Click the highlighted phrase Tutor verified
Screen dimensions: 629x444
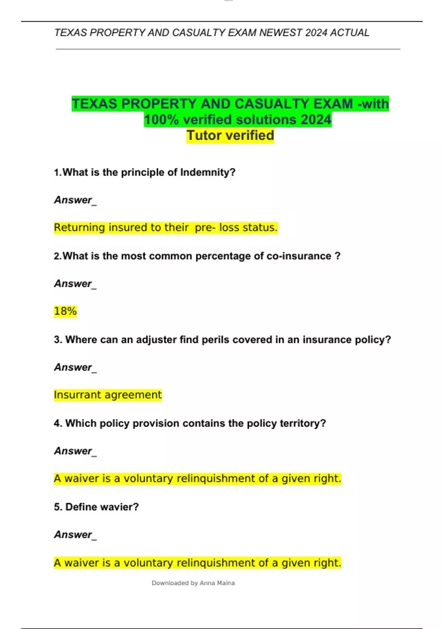tap(230, 135)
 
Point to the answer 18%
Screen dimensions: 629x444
tap(65, 311)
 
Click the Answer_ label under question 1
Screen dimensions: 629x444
tap(75, 200)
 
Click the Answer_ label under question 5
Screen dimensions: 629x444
tap(75, 535)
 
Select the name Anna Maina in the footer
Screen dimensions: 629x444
tap(217, 583)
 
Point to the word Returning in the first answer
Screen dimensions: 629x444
tap(80, 228)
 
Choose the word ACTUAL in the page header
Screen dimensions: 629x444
tap(350, 33)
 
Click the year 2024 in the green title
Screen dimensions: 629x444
tap(316, 120)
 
